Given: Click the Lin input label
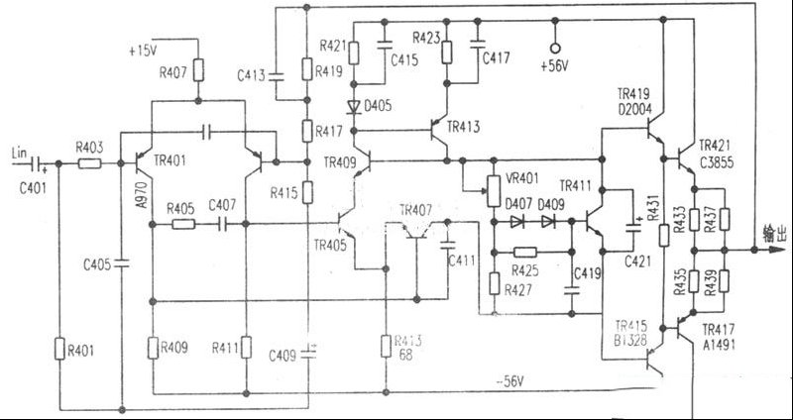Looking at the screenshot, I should coord(19,150).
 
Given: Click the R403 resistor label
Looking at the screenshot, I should coord(90,148).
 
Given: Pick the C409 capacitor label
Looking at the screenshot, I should coord(282,354).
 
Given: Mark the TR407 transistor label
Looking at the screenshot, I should coord(415,210).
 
